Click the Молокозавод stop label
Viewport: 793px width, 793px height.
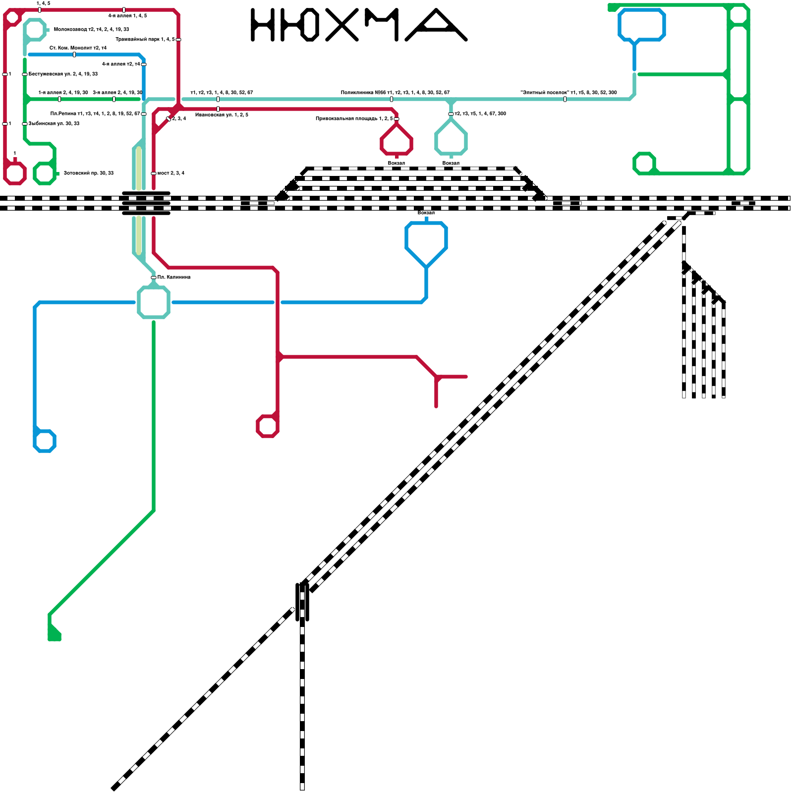pyautogui.click(x=91, y=30)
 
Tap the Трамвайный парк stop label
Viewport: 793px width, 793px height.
pyautogui.click(x=145, y=39)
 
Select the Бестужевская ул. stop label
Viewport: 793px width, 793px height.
pyautogui.click(x=63, y=74)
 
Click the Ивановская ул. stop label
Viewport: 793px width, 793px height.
pyautogui.click(x=222, y=115)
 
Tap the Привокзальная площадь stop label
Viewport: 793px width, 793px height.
pyautogui.click(x=354, y=119)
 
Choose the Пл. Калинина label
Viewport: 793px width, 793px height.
pyautogui.click(x=173, y=278)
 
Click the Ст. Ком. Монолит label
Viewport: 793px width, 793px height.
pyautogui.click(x=78, y=48)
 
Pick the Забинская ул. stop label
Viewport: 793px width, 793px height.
pyautogui.click(x=54, y=124)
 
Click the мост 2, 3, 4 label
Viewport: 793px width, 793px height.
pyautogui.click(x=170, y=173)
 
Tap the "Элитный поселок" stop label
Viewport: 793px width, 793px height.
pyautogui.click(x=568, y=93)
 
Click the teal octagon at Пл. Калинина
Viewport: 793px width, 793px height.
pyautogui.click(x=154, y=302)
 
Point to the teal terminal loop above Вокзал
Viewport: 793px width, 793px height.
pyautogui.click(x=451, y=139)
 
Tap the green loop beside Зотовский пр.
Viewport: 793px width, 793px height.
pyautogui.click(x=45, y=173)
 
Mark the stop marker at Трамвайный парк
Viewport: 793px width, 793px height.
pyautogui.click(x=178, y=40)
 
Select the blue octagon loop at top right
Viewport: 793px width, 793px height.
pyautogui.click(x=642, y=24)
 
